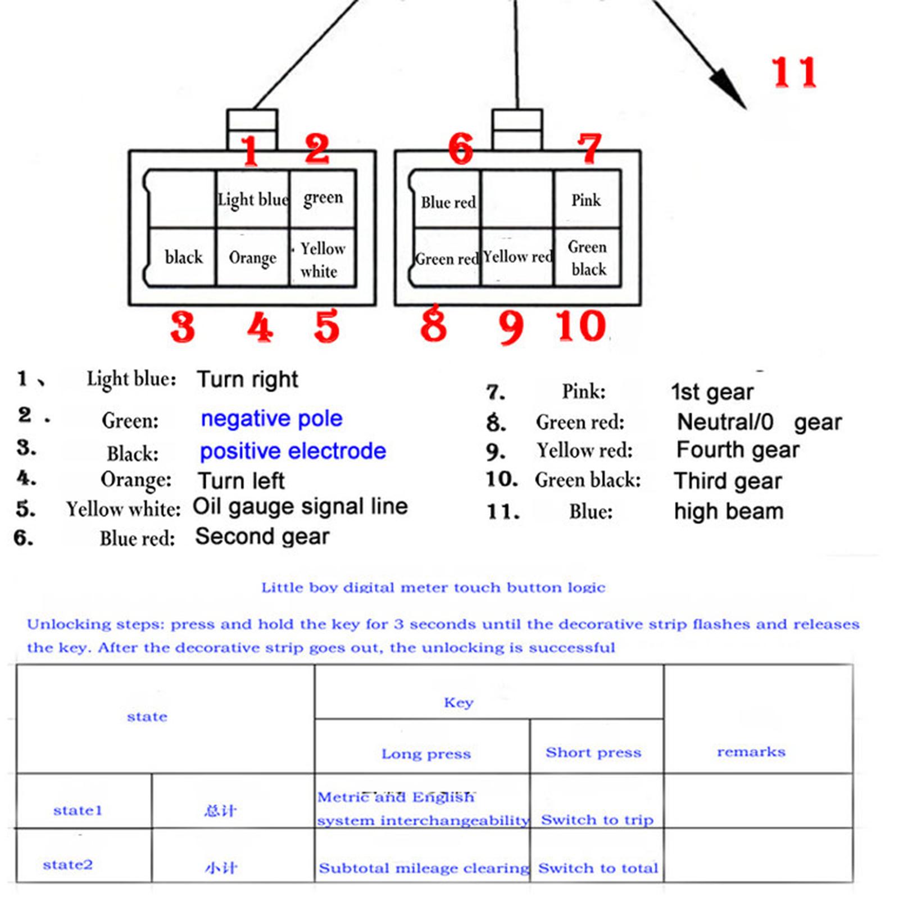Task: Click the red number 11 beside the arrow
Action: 793,72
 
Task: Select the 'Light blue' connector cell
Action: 253,199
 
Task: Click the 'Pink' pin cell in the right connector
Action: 587,200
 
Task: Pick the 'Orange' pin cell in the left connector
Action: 253,258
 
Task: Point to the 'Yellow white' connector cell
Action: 323,259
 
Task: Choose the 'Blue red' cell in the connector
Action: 447,201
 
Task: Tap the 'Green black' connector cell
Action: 587,258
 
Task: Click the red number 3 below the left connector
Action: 183,327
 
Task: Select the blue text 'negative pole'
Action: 271,419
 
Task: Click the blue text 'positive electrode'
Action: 293,451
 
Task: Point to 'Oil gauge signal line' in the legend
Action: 300,506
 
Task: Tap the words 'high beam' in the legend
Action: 729,511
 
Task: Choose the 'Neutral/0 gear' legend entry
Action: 759,422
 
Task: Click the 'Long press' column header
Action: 426,753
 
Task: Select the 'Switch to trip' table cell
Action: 597,820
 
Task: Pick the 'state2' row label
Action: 67,864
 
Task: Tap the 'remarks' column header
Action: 751,752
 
